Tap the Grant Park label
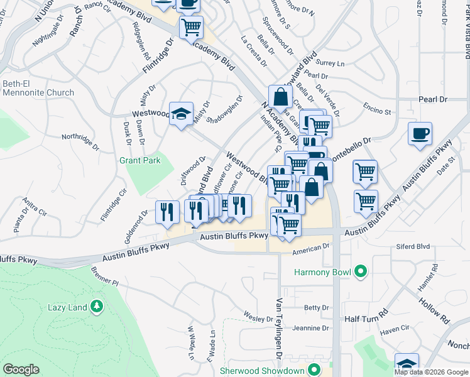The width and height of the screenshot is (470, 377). [x=140, y=160]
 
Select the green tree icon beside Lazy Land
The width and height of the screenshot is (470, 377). [x=96, y=307]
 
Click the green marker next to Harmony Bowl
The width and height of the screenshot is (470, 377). [x=360, y=272]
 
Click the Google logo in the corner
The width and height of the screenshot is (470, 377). [x=21, y=369]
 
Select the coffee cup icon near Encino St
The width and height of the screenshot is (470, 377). [x=420, y=134]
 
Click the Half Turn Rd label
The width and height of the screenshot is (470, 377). [x=368, y=319]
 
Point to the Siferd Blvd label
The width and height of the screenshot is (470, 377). [x=413, y=247]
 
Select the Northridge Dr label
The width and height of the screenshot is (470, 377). [x=80, y=136]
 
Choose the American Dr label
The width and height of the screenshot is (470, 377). [x=311, y=249]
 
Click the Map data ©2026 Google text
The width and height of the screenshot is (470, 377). [x=430, y=371]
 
